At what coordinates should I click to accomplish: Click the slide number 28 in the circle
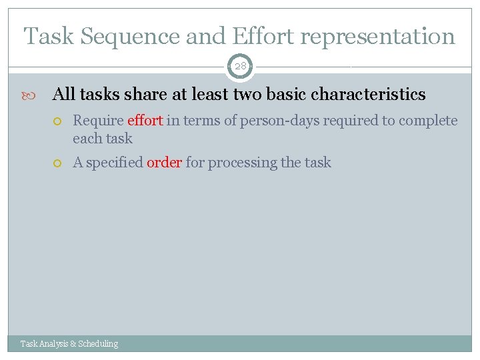tap(240, 67)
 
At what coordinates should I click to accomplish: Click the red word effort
tap(145, 121)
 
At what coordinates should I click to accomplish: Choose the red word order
tap(164, 163)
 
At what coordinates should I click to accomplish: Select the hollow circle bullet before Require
tap(59, 121)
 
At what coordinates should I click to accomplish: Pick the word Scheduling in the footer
tap(98, 344)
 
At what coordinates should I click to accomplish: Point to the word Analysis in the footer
tap(54, 344)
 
